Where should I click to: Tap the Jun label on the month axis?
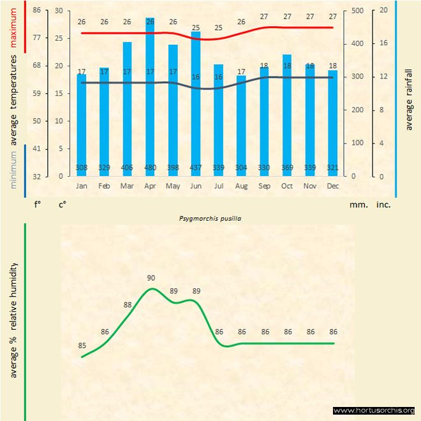[195, 186]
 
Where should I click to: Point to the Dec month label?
[332, 186]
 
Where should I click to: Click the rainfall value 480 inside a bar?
[150, 168]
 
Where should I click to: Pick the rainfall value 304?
[241, 168]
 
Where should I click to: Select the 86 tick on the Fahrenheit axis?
[36, 11]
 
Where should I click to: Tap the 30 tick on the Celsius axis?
[59, 11]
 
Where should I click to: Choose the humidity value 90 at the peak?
[151, 278]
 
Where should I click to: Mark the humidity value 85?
[82, 346]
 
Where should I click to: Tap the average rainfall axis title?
[409, 100]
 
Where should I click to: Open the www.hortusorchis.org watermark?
[374, 411]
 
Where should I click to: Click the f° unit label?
[38, 205]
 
